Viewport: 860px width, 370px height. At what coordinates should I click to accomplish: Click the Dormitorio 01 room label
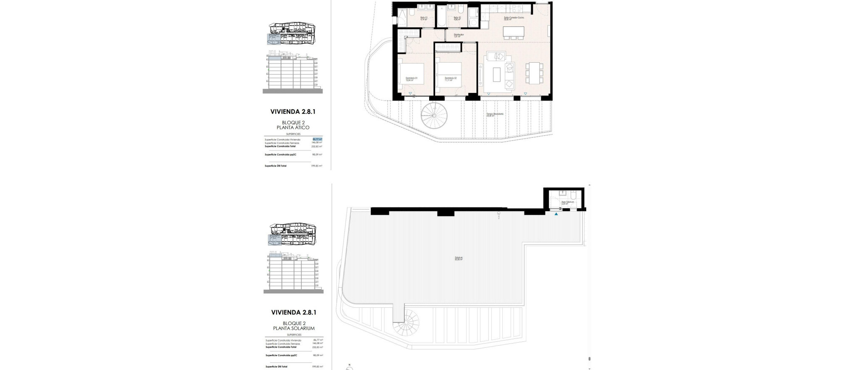click(x=412, y=79)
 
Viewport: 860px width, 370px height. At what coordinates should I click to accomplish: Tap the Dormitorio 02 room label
click(x=451, y=79)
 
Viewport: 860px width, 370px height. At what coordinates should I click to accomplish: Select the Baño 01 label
click(x=424, y=18)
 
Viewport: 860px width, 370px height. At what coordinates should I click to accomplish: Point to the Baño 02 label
click(x=456, y=18)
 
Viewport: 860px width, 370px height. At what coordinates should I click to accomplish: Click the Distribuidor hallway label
click(x=459, y=35)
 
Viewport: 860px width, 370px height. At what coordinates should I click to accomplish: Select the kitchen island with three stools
click(x=514, y=32)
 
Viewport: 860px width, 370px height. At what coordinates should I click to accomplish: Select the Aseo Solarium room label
click(x=568, y=203)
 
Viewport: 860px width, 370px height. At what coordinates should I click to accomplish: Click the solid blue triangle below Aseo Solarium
click(x=556, y=214)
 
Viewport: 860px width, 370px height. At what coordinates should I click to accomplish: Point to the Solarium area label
click(x=459, y=259)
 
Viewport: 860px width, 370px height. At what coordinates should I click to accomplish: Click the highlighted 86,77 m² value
click(x=317, y=139)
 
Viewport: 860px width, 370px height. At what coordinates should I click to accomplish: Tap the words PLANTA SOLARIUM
click(x=294, y=328)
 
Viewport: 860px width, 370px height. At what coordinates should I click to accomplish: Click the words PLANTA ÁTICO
click(x=293, y=127)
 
